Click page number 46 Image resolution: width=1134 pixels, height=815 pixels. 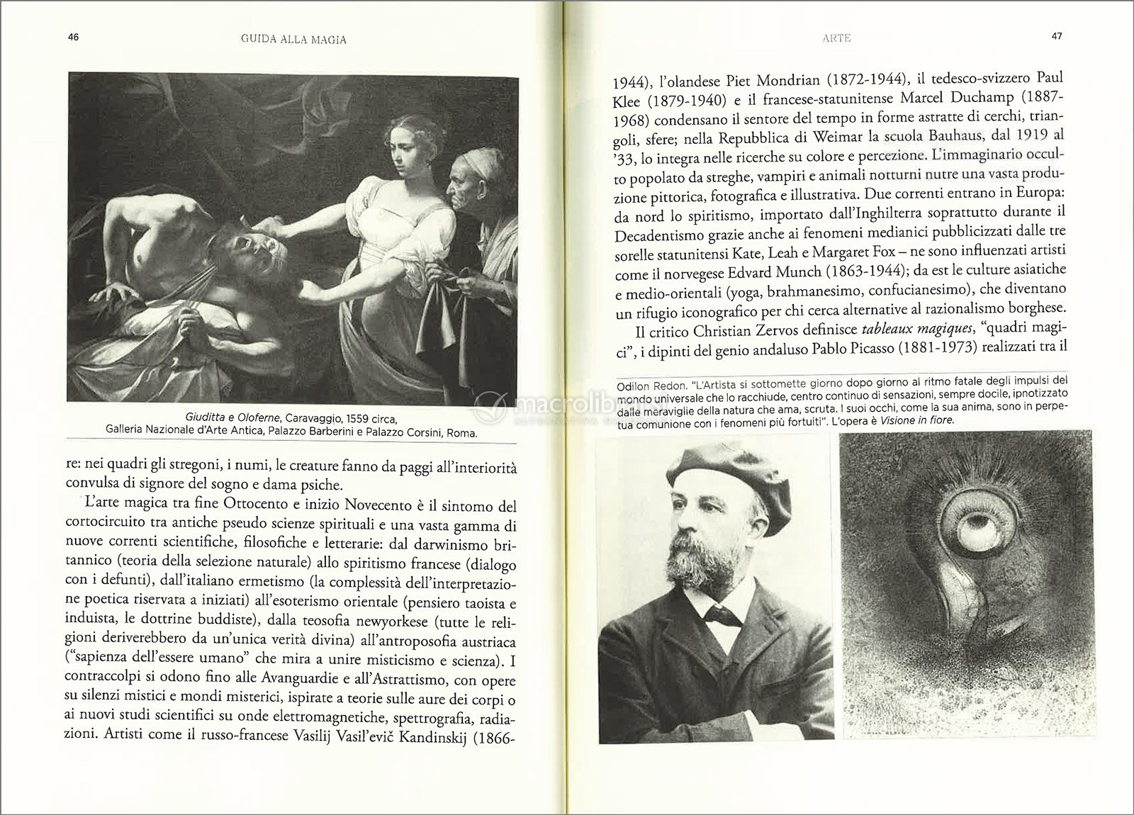tap(73, 39)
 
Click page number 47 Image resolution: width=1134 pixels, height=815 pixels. tap(1055, 38)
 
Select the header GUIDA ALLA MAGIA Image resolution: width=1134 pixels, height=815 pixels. tap(288, 40)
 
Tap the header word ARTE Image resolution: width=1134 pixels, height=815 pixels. tap(837, 38)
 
